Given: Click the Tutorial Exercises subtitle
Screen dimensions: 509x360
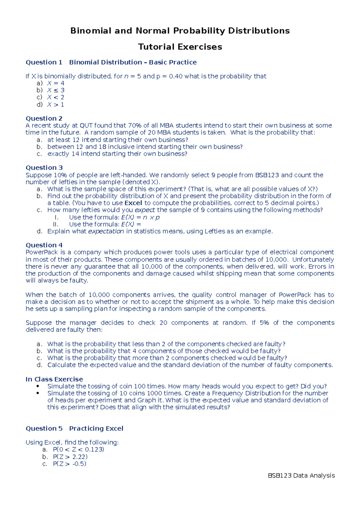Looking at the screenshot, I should [x=180, y=47].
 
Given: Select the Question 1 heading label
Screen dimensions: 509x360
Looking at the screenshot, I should [x=44, y=62].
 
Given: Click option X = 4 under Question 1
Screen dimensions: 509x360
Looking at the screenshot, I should [x=55, y=83].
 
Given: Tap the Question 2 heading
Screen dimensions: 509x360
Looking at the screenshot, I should [x=44, y=118].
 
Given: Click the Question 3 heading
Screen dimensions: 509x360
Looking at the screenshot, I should [x=44, y=168].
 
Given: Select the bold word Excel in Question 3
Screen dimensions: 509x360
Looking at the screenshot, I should [x=133, y=203].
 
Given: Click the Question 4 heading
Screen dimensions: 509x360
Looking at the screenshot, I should [x=44, y=245].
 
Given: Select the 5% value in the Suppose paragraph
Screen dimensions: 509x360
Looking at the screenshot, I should [x=264, y=323].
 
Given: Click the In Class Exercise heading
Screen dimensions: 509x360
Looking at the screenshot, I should [x=54, y=379].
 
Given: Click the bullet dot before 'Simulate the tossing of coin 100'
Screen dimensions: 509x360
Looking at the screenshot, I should [x=37, y=386].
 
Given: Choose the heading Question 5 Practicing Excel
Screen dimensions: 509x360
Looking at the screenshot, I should [x=74, y=429].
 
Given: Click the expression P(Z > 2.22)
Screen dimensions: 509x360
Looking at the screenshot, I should [x=70, y=457].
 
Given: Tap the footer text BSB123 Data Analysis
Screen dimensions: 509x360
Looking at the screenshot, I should [x=301, y=475].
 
